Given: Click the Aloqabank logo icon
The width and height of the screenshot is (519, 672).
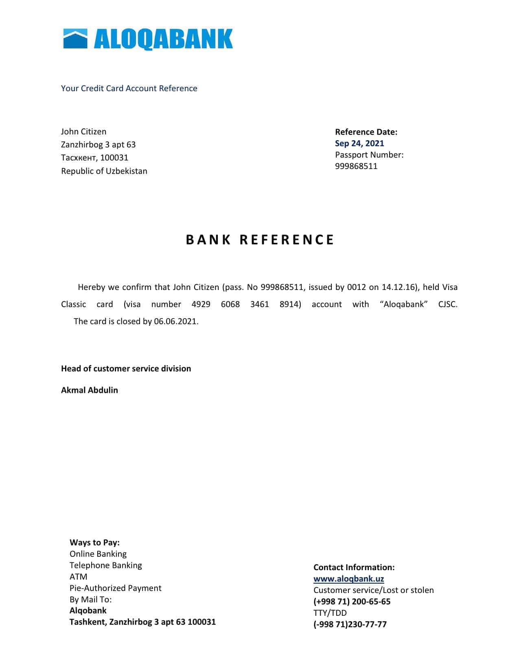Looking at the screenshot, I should point(75,39).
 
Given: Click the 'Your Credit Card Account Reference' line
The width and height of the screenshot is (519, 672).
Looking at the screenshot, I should point(129,88).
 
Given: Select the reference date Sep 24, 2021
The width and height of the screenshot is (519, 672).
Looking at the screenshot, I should point(359,143).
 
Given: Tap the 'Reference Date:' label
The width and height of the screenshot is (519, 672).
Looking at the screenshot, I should point(366,132).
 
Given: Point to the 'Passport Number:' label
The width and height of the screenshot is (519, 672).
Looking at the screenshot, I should point(369,155).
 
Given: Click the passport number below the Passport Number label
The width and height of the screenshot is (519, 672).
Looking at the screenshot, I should point(356,166).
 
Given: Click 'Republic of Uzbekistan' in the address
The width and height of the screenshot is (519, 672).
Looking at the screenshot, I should point(104,171).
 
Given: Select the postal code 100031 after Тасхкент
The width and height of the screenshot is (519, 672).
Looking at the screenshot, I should point(114,158).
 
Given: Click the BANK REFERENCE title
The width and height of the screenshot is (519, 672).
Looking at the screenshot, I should point(260,239).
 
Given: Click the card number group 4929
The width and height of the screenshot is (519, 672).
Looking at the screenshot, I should point(201,304).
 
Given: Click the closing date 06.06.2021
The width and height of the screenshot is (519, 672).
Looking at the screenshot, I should point(175,321).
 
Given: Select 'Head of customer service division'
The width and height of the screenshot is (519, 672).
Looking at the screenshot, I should point(126,369).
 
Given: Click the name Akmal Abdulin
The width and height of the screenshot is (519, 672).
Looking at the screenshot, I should point(90,390).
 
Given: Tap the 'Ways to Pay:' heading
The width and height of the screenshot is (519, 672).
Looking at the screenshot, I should point(94,542).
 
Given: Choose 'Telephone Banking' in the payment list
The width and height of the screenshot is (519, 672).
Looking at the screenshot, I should point(106,565).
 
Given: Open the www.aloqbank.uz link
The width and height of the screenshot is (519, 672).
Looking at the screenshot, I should point(349,579).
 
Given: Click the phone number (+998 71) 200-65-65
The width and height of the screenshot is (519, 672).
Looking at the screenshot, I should point(352,602).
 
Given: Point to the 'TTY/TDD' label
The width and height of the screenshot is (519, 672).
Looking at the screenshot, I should point(330,613).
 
